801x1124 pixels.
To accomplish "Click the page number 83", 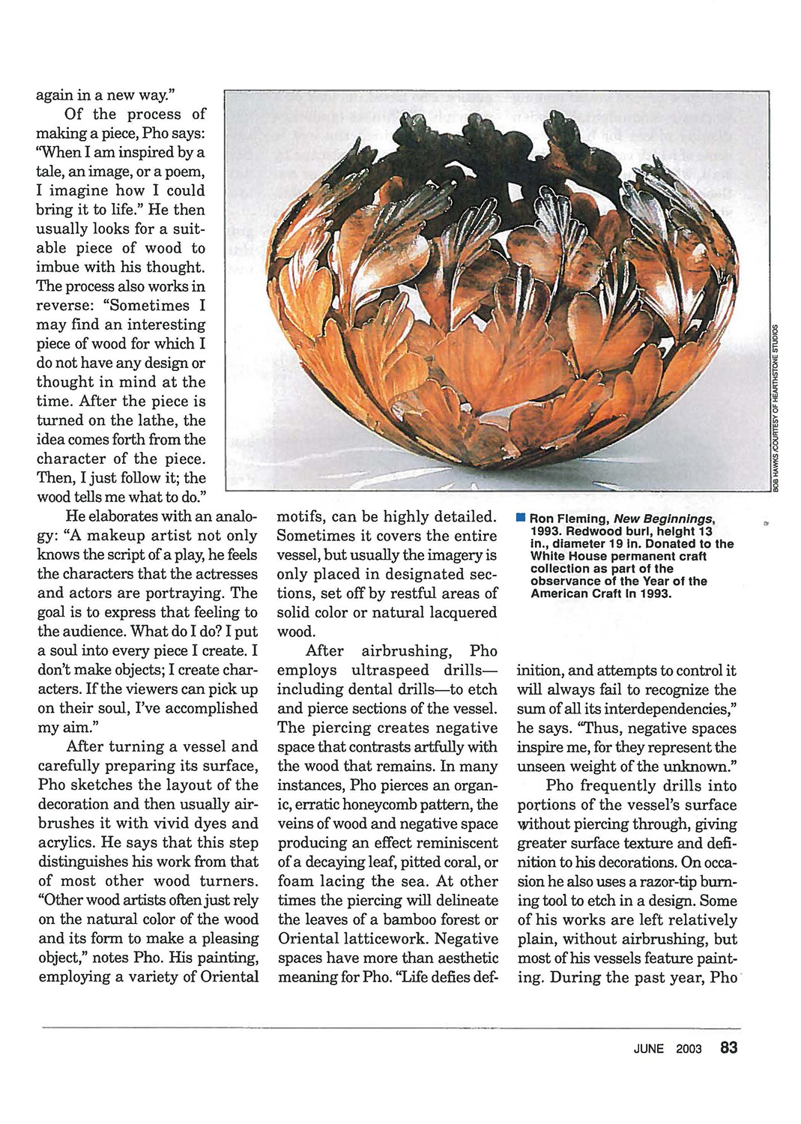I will tap(728, 1048).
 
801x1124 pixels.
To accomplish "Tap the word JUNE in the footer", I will tap(648, 1049).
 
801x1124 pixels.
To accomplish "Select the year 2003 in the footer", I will tap(689, 1049).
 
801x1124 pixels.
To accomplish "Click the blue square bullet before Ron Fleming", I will tap(521, 518).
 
